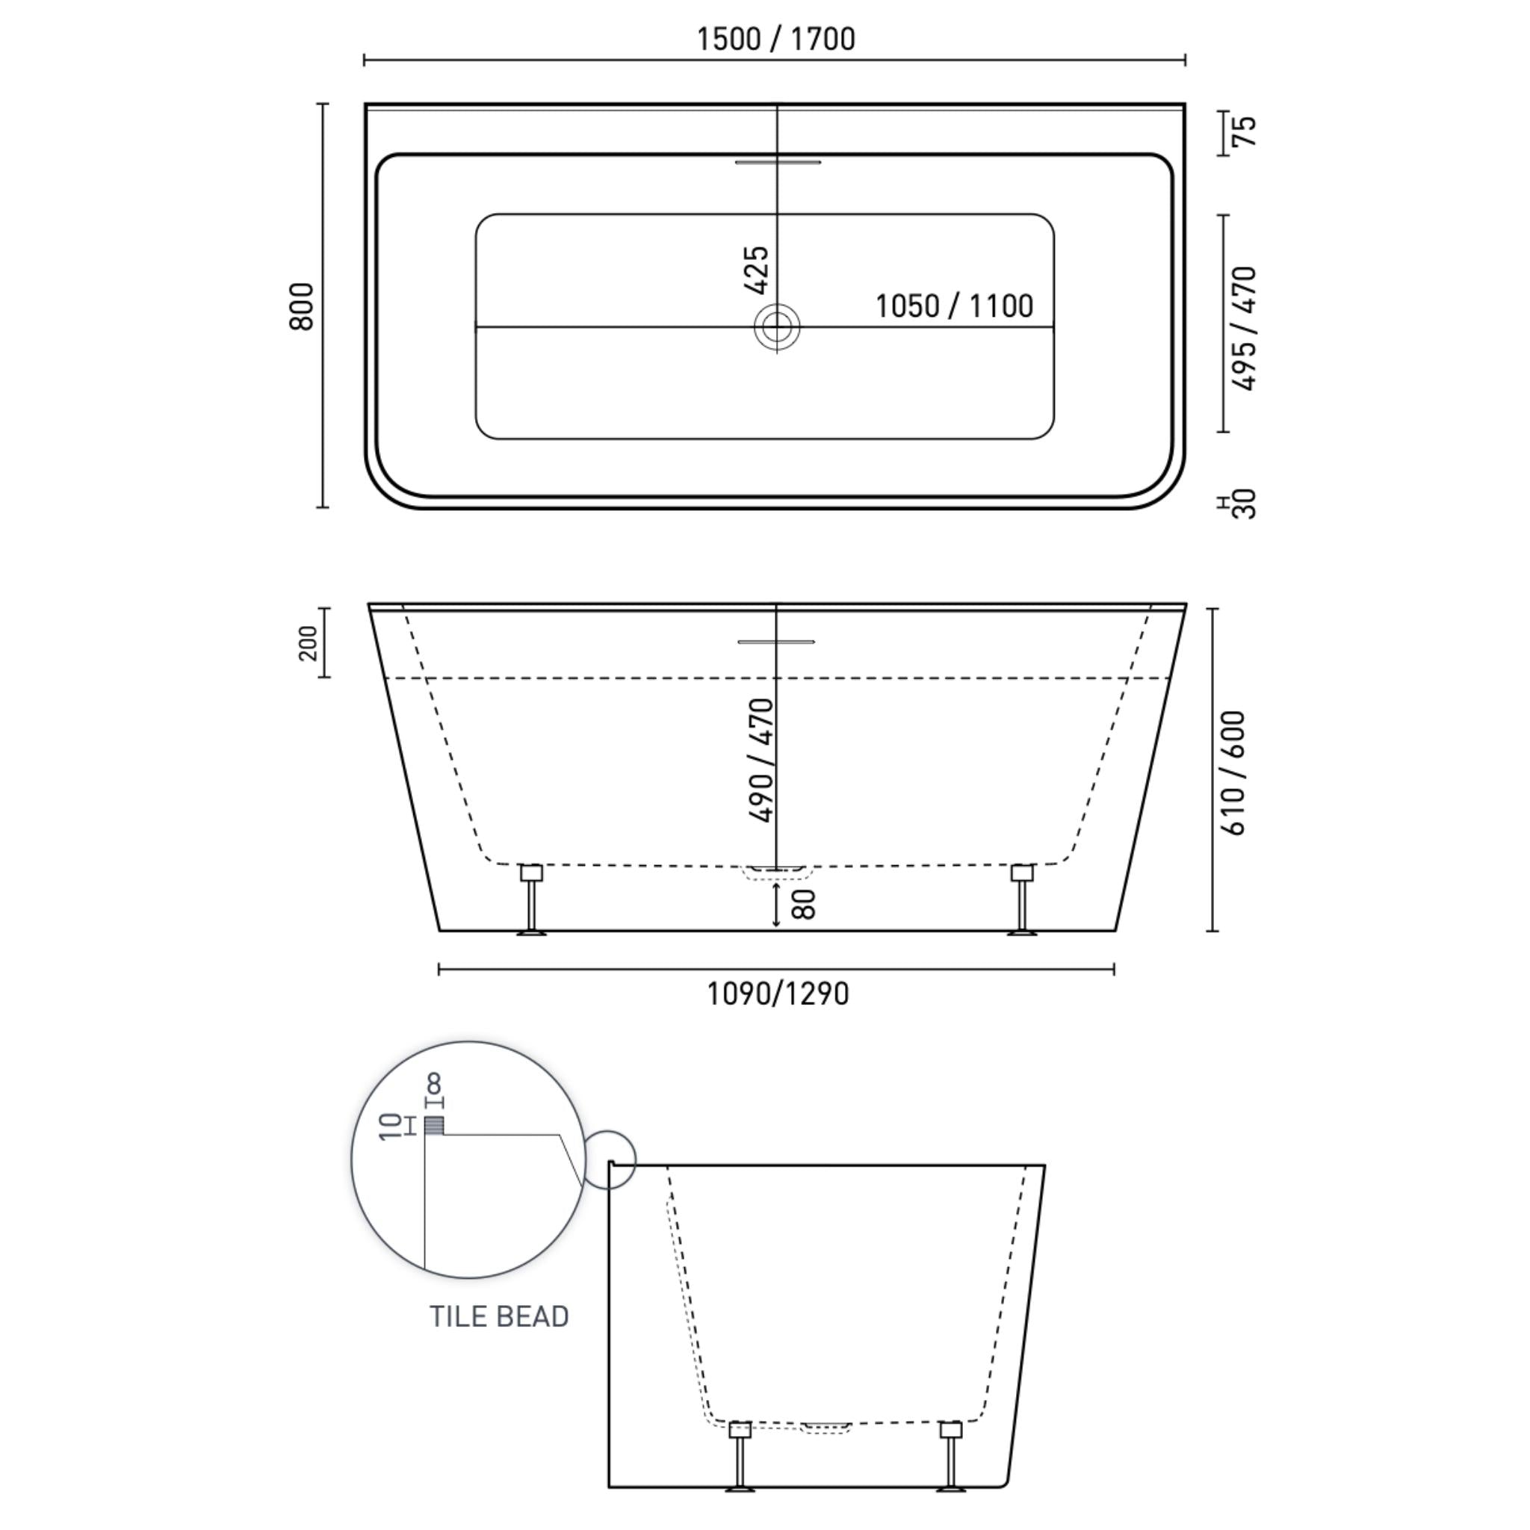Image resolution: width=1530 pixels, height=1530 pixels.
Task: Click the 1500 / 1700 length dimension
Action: coord(775,40)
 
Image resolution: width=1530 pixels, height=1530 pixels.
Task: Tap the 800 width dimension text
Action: coord(303,306)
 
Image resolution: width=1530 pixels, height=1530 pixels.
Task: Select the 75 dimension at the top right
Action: coord(1245,131)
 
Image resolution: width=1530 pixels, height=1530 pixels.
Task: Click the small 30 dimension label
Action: coord(1245,504)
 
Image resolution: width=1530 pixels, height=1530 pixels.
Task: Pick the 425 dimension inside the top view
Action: coord(757,269)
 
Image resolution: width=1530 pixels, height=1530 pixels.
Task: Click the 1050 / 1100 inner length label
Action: coord(953,306)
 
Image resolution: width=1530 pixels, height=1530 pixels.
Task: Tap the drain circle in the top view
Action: coord(776,326)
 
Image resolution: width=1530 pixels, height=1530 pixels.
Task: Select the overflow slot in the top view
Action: coord(778,162)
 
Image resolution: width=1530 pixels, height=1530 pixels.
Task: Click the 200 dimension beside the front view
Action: coord(309,643)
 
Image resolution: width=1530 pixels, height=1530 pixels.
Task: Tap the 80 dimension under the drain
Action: coord(803,905)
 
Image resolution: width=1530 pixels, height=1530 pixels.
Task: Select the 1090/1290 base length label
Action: coord(777,994)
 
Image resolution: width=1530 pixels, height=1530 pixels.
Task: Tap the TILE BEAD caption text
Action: coord(499,1316)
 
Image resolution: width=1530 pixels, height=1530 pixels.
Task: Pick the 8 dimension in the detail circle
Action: coord(434,1084)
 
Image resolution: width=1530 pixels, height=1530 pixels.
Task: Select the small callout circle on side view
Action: coord(610,1159)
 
